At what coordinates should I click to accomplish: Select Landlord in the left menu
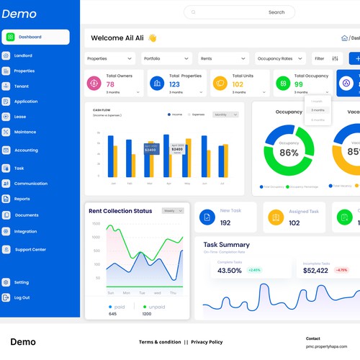(x=22, y=55)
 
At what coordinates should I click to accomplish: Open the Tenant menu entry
(x=21, y=86)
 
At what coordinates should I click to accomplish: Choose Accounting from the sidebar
(x=26, y=150)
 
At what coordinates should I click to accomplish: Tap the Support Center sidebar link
(x=30, y=250)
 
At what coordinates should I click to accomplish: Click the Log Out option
(x=22, y=297)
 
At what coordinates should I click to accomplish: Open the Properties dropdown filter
(x=109, y=58)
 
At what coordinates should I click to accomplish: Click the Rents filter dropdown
(x=222, y=58)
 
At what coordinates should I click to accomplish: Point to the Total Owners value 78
(x=110, y=84)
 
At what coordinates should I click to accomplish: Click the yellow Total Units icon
(x=218, y=84)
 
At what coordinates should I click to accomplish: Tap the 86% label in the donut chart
(x=289, y=153)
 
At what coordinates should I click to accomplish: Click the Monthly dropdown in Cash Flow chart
(x=228, y=114)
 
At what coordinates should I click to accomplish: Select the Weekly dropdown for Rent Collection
(x=173, y=211)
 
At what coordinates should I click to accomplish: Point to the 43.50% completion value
(x=229, y=271)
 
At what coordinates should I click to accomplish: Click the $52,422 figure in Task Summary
(x=315, y=271)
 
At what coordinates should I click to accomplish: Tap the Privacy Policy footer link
(x=207, y=342)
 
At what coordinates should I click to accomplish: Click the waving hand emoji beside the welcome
(x=152, y=38)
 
